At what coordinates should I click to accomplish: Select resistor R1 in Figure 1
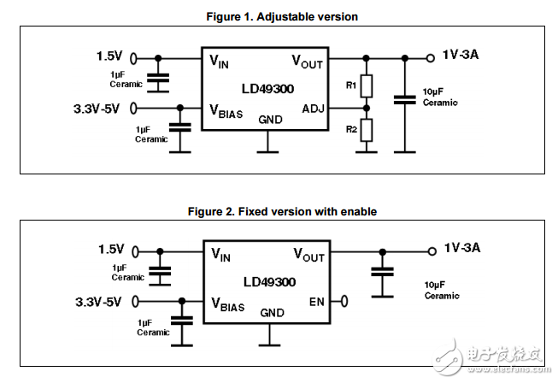click(x=367, y=85)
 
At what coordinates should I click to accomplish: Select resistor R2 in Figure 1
click(x=367, y=130)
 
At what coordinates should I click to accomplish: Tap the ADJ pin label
click(x=314, y=108)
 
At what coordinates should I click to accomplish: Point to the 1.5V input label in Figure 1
click(x=109, y=57)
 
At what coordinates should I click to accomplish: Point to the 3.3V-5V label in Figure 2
click(x=97, y=301)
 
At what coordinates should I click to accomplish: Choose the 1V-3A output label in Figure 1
click(x=461, y=56)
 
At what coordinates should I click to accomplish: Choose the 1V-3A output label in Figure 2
click(x=462, y=249)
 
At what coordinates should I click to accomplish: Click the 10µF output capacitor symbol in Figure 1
click(x=404, y=100)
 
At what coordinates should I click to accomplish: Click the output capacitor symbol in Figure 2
click(x=383, y=273)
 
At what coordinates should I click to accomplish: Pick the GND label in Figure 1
click(x=271, y=120)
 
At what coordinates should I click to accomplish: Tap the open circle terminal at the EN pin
click(x=344, y=301)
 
